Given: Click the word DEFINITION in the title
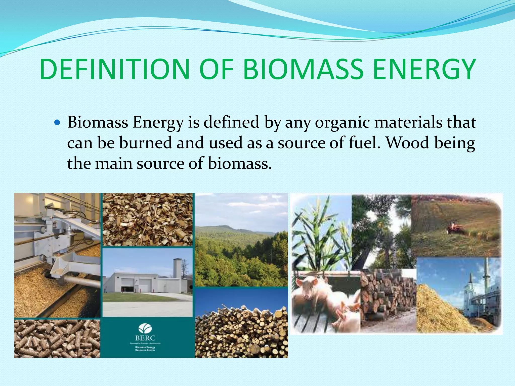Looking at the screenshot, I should [x=114, y=69].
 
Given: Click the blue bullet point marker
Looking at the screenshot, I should [x=57, y=123].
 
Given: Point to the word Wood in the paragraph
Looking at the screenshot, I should [x=407, y=143].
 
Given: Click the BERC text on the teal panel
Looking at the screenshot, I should [x=145, y=338].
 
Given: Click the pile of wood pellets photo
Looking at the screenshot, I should [x=57, y=339].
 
